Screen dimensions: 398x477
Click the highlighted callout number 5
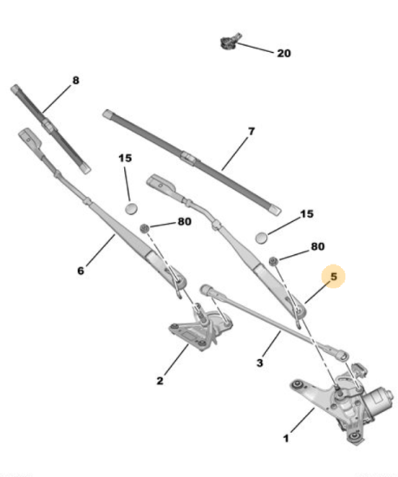coord(334,277)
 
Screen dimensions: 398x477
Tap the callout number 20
coord(284,54)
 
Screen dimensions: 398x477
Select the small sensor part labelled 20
coord(230,41)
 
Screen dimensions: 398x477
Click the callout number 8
coord(75,81)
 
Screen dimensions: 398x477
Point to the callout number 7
coord(251,132)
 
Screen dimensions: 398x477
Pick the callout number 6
coord(81,271)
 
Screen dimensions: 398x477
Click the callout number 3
coord(259,363)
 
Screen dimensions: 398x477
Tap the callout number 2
coord(160,381)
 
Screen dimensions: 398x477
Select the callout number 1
coord(286,438)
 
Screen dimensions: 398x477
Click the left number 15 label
coord(125,158)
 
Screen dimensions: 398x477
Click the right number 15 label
coord(307,214)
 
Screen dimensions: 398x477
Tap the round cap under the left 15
coord(131,208)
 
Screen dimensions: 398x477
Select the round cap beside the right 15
coord(262,238)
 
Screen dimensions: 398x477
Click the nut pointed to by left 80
coord(145,228)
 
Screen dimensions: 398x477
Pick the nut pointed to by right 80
coord(274,261)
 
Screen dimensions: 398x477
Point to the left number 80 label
coord(184,221)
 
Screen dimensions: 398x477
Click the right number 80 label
coord(317,246)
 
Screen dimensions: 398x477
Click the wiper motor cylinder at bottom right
coord(380,399)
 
